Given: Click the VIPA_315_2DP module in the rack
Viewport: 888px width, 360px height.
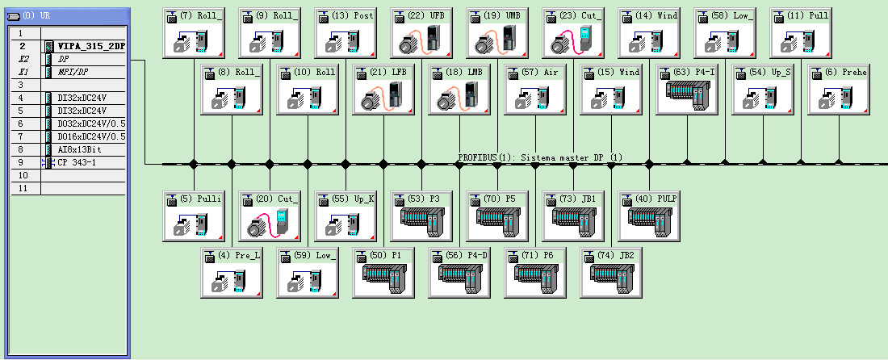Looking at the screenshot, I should point(90,47).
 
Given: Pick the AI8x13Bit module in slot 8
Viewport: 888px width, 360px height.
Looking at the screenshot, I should point(81,149).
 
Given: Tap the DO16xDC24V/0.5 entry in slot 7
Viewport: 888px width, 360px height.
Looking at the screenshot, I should point(90,136).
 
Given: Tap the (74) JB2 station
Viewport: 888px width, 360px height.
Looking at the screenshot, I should point(609,274).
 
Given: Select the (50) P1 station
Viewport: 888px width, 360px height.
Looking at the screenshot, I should point(382,274).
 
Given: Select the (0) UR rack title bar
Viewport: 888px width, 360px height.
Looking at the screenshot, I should point(65,15).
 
